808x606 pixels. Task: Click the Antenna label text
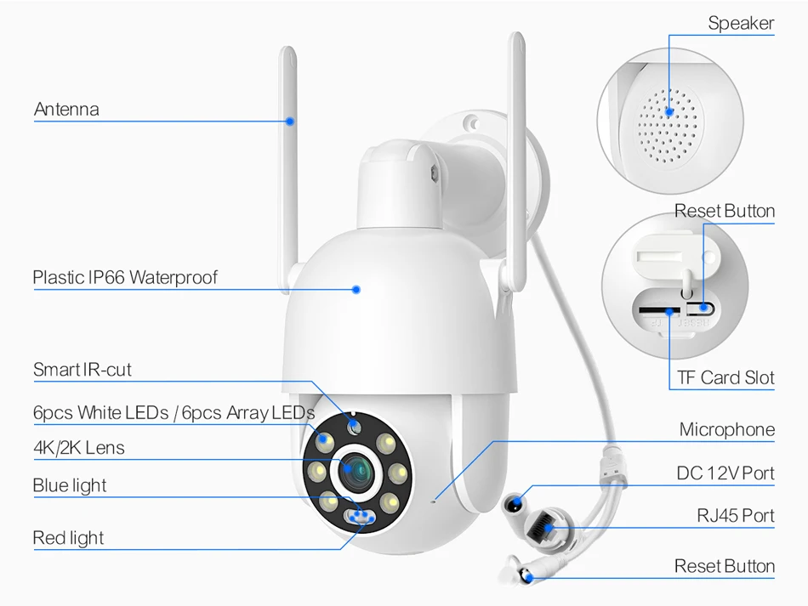tap(66, 110)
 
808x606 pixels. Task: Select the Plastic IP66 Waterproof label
tap(125, 278)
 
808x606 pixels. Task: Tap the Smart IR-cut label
tap(83, 370)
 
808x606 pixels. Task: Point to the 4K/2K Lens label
tap(79, 448)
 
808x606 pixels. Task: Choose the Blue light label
tap(70, 486)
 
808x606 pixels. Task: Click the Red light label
tap(68, 538)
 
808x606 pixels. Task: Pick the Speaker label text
tap(741, 24)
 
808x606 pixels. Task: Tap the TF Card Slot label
tap(725, 377)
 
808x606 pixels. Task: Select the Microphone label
tap(726, 430)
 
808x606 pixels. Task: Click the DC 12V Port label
tap(725, 473)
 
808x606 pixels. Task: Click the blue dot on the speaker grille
tap(669, 110)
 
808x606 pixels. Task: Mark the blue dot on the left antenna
tap(290, 121)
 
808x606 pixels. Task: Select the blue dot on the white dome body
tap(356, 289)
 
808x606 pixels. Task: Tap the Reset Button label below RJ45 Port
tap(725, 566)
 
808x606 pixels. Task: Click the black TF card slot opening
tap(658, 311)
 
